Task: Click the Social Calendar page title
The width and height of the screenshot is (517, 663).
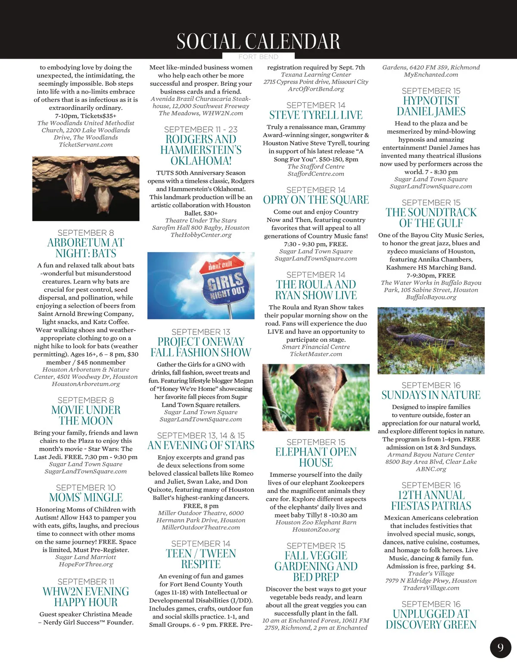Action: (258, 41)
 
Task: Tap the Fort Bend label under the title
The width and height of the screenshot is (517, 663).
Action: (258, 56)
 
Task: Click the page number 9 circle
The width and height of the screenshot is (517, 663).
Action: (500, 647)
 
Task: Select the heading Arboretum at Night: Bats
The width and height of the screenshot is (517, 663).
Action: (86, 248)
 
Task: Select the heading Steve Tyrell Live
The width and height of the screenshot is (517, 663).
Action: (316, 115)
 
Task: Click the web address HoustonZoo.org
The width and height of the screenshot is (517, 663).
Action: (316, 529)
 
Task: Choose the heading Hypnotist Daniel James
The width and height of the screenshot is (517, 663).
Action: (431, 106)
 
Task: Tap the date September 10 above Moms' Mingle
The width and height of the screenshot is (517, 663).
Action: (86, 488)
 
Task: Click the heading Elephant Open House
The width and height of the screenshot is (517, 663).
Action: (316, 457)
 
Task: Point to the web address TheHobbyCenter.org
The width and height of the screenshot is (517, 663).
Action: (201, 235)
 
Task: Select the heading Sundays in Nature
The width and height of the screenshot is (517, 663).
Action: (431, 395)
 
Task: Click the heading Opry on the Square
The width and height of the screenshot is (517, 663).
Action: (316, 200)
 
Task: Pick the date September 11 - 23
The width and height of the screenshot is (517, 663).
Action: (201, 129)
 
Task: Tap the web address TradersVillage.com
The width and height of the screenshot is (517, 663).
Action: (431, 588)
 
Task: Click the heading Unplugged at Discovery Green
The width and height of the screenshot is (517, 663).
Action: (431, 619)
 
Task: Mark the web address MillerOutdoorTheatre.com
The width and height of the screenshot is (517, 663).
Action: (201, 528)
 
